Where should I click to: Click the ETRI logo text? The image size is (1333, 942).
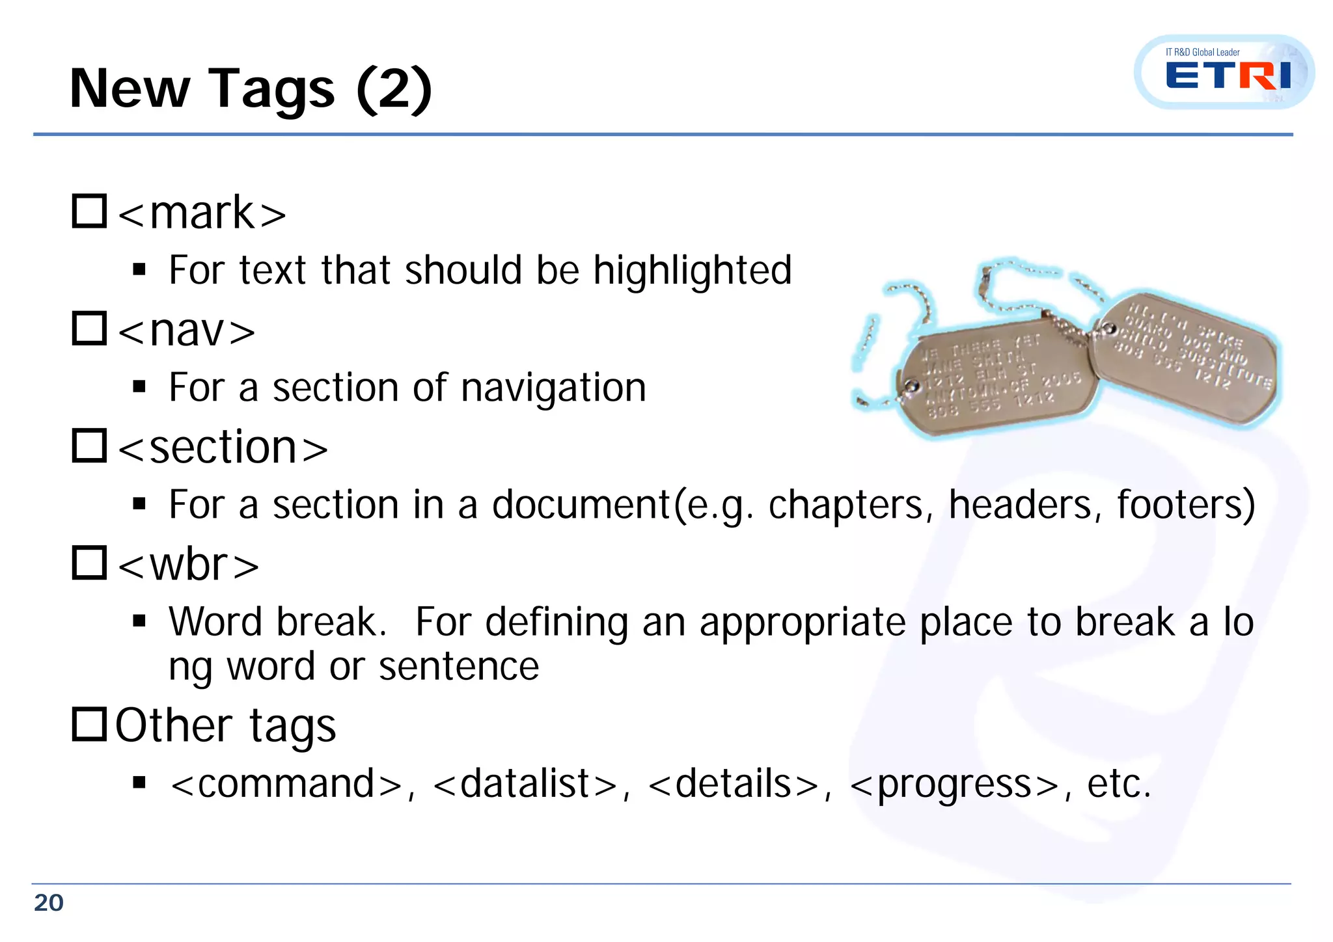click(1228, 75)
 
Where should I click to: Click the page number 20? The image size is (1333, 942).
click(49, 903)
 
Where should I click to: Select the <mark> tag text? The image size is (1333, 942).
click(202, 213)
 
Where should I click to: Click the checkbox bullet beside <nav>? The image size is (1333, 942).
click(89, 329)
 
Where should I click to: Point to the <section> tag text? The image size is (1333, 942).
click(223, 448)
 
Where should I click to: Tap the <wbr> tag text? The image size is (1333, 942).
click(189, 565)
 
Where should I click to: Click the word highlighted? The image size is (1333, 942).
click(692, 271)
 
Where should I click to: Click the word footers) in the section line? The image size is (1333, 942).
click(1186, 505)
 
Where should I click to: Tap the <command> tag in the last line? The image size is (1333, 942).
click(286, 783)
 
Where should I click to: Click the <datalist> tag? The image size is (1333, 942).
click(525, 783)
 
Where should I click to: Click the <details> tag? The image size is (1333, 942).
click(734, 783)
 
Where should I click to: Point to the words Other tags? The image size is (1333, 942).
click(225, 726)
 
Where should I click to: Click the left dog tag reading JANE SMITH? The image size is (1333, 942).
click(996, 377)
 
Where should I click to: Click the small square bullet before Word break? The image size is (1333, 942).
click(139, 621)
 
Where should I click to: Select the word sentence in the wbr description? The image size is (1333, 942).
click(459, 667)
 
